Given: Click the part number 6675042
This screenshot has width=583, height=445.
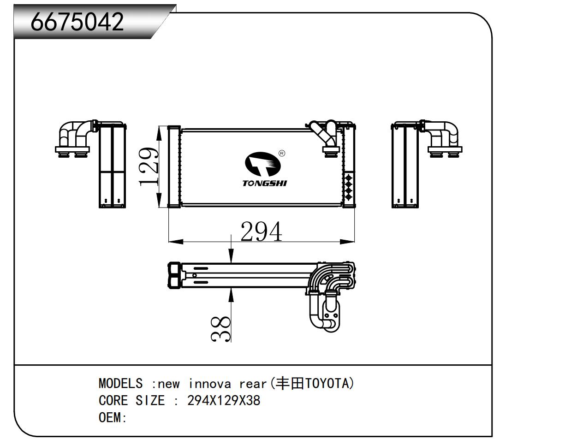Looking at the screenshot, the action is (77, 22).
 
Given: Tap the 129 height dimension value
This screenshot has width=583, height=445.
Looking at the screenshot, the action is (149, 166).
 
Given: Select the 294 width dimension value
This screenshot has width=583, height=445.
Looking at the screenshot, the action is (261, 231).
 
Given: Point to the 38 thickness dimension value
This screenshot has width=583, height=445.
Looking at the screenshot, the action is (220, 329).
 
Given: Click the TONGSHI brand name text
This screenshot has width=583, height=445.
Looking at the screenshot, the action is (265, 183).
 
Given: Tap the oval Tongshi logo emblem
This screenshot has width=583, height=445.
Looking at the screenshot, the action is (263, 164).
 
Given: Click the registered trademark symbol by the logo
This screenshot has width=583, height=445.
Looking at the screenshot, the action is (282, 153).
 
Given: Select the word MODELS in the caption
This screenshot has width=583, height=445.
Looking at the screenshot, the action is (120, 384).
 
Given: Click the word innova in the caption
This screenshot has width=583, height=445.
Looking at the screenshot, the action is (210, 384).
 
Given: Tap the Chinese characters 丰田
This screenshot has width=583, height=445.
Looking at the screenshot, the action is (290, 384).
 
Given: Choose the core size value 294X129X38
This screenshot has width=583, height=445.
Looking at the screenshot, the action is (224, 401).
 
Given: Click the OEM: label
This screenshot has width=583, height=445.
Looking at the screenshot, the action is (113, 418).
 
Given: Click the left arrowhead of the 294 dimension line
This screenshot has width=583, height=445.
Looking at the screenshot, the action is (176, 242).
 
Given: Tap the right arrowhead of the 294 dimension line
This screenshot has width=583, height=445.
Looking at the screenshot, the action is (347, 242).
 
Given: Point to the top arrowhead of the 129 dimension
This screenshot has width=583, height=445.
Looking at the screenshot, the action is (159, 134).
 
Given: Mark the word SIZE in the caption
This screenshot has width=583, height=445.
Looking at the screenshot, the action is (150, 401).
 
